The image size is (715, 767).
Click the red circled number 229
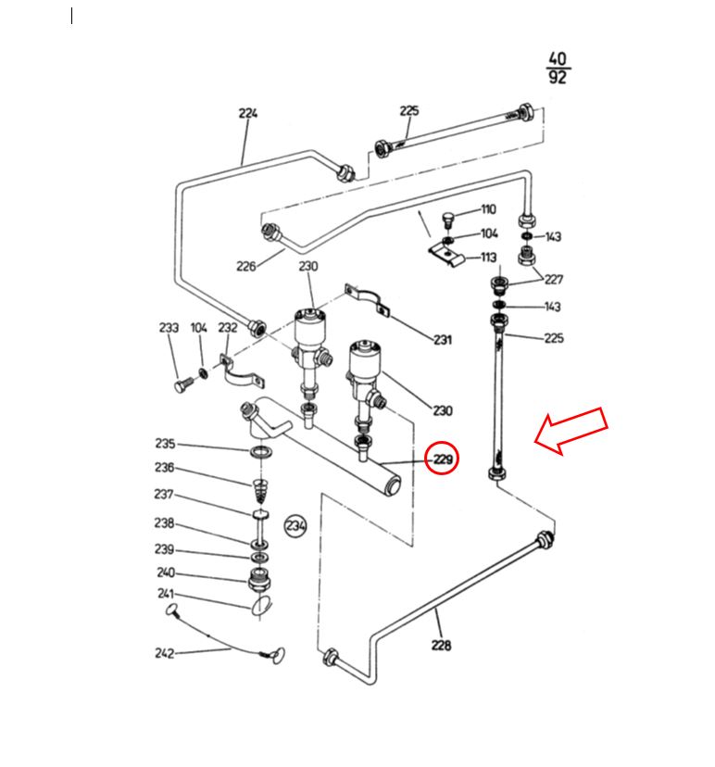tap(442, 459)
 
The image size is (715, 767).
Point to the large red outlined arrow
tap(571, 431)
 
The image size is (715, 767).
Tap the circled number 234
tap(295, 526)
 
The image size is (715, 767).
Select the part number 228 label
tap(441, 646)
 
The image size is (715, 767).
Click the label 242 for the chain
tap(164, 653)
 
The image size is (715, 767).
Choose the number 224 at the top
tap(248, 113)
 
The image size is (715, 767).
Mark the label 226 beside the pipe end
tap(246, 266)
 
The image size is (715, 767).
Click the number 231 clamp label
tap(443, 339)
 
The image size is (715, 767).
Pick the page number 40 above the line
tap(557, 58)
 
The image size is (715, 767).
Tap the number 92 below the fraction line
tap(557, 77)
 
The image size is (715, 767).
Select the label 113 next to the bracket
tap(489, 257)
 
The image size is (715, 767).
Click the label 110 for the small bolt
tap(488, 209)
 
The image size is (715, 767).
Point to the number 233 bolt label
tap(169, 327)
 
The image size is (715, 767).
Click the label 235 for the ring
tap(165, 443)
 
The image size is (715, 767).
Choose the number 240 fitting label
tap(166, 572)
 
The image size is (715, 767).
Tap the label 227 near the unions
tap(554, 280)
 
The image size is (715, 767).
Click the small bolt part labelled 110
tap(447, 220)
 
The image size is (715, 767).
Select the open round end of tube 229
tap(393, 485)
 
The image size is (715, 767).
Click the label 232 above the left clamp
tap(228, 327)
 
